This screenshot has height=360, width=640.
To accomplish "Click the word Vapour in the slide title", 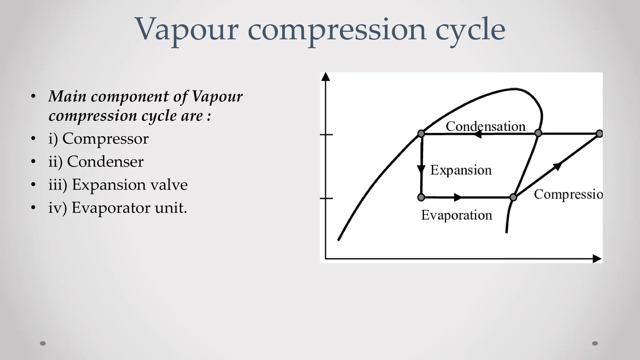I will [187, 30].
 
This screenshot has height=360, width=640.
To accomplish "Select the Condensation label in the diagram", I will [485, 126].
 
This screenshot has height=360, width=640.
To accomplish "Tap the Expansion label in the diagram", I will [461, 170].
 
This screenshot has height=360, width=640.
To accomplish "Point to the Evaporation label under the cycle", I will [456, 215].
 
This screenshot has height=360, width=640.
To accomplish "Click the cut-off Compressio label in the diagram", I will [568, 194].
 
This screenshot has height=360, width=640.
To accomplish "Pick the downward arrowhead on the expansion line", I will [421, 170].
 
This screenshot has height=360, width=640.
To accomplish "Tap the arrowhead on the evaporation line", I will [457, 197].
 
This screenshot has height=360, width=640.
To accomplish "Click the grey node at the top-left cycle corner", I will [421, 134].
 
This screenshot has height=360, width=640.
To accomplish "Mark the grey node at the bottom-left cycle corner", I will [421, 197].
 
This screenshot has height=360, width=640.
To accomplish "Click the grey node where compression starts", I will [513, 197].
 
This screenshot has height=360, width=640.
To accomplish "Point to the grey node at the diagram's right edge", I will [599, 134].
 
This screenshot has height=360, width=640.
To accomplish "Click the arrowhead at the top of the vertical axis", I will [326, 77].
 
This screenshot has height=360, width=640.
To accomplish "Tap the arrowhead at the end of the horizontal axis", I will [597, 259].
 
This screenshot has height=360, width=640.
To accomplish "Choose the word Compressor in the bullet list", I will [105, 138].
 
